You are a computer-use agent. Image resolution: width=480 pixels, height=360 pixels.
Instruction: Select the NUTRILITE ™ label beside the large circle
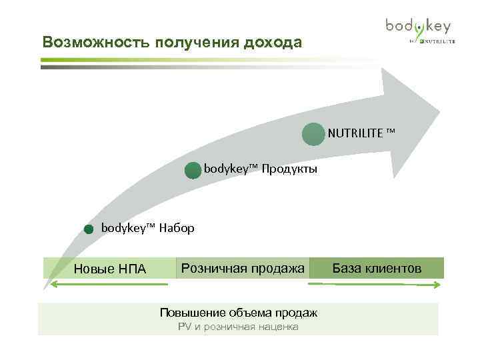[x=361, y=133]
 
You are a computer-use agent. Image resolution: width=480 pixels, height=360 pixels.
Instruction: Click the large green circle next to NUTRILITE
[x=313, y=134]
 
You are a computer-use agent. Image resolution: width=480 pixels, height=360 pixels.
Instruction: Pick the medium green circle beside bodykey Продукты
[x=192, y=171]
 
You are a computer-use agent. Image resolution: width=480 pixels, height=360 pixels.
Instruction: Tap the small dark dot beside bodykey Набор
[x=89, y=230]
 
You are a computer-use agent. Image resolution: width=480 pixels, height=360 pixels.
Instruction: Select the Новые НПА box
[x=109, y=269]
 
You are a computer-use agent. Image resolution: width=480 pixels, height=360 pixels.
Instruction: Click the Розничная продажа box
[x=243, y=268]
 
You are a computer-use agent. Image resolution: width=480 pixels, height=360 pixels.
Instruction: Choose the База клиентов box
[x=377, y=268]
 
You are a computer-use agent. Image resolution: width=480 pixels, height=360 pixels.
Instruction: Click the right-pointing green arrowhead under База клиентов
[x=436, y=285]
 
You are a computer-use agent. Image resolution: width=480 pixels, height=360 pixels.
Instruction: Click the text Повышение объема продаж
[x=238, y=313]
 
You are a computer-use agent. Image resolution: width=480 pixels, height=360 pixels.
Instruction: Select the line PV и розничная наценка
[x=238, y=327]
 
